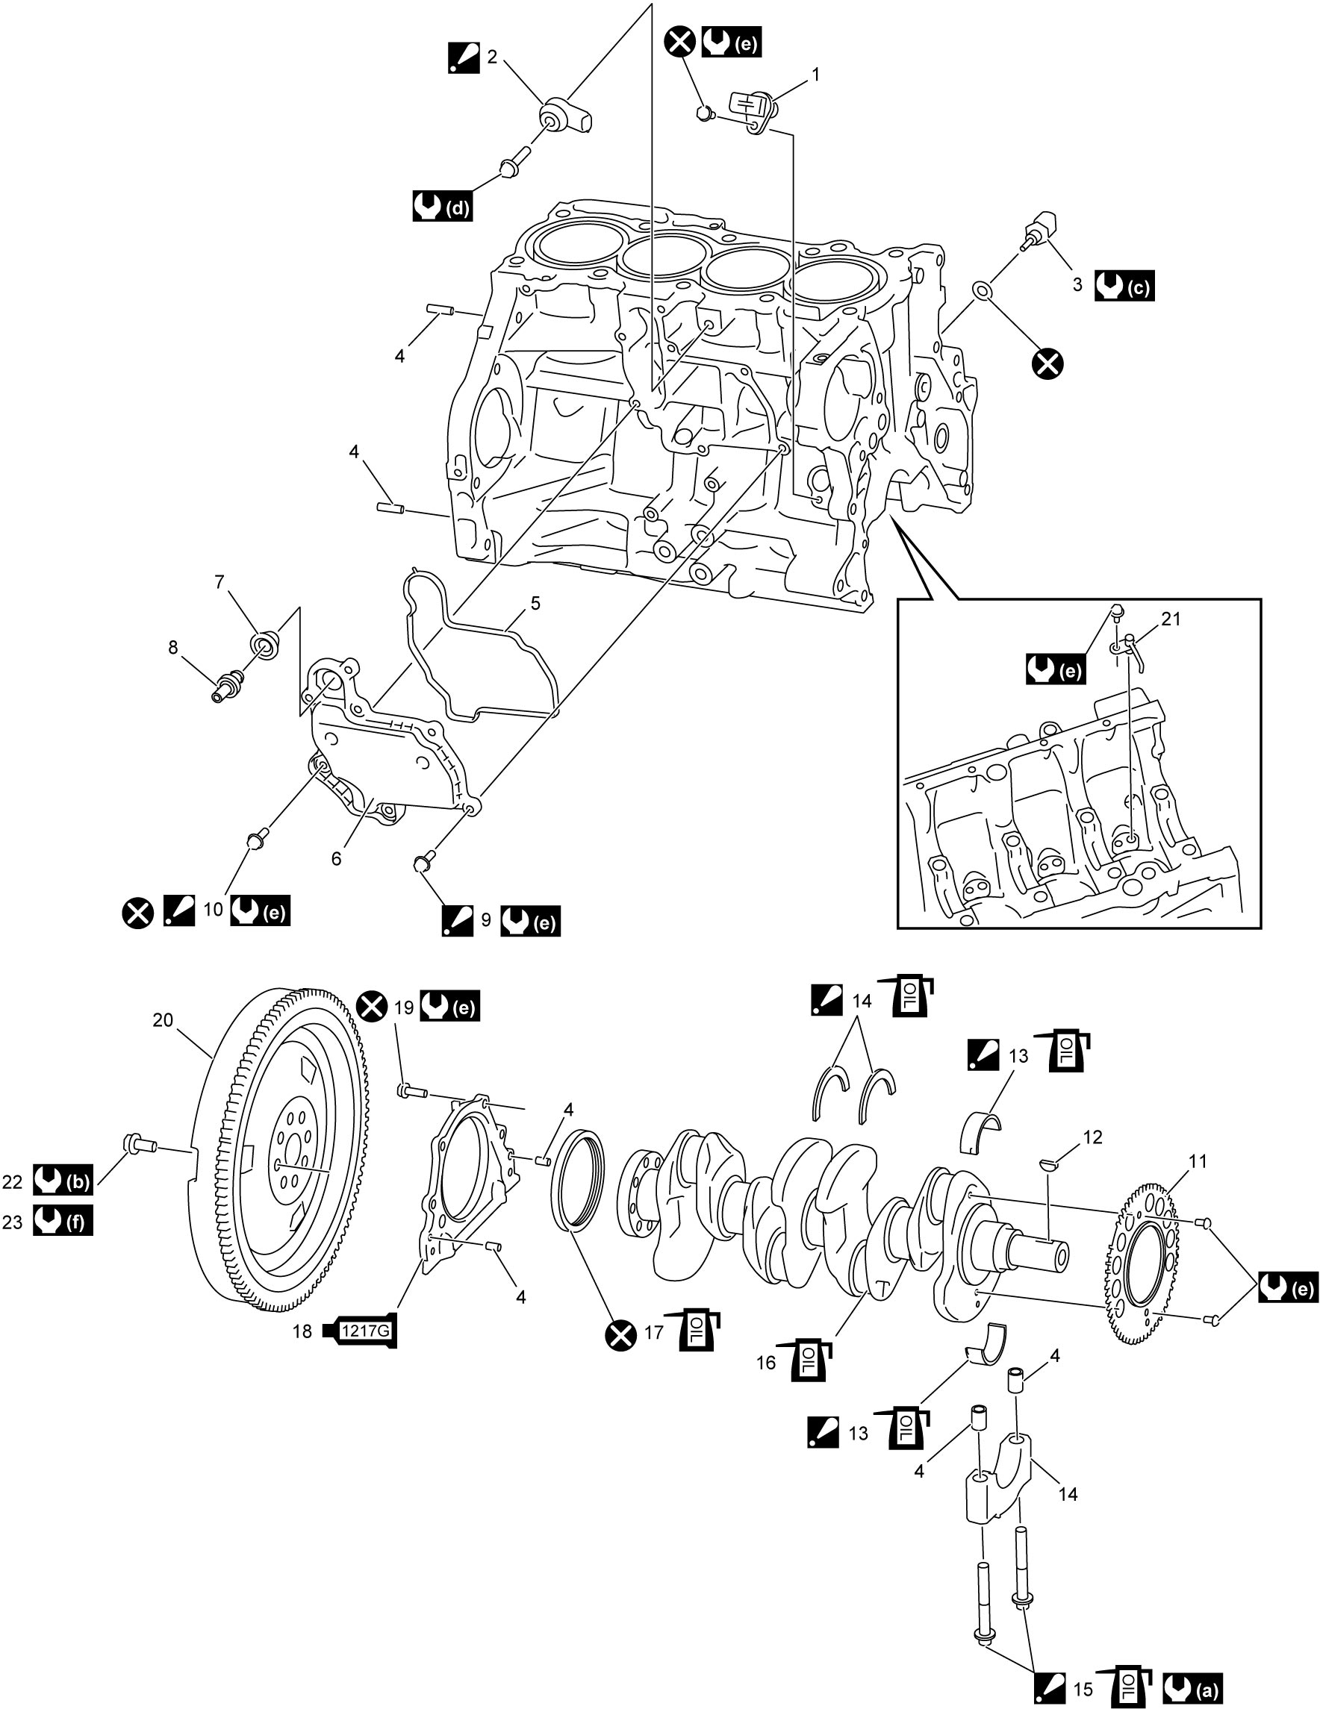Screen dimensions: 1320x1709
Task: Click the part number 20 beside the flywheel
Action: (x=163, y=1020)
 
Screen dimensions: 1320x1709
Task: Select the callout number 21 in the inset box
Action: (x=1171, y=619)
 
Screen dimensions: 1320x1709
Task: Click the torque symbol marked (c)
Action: (x=1124, y=287)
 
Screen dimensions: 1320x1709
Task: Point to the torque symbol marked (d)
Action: (x=442, y=207)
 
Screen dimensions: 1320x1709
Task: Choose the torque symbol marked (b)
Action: (x=63, y=1181)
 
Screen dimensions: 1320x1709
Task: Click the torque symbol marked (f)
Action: (x=63, y=1221)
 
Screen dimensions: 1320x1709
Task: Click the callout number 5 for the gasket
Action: (x=535, y=603)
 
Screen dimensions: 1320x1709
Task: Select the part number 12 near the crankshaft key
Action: (x=1092, y=1137)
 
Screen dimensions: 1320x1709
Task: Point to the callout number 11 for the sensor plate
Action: (x=1198, y=1161)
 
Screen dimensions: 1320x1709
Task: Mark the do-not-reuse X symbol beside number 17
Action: (x=622, y=1333)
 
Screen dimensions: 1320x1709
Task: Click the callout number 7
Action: (x=220, y=582)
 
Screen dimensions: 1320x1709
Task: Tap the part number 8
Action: (x=173, y=648)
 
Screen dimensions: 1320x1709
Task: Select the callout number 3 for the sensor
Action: (x=1077, y=286)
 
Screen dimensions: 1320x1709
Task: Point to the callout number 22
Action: (x=13, y=1181)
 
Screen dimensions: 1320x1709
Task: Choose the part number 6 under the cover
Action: (x=337, y=859)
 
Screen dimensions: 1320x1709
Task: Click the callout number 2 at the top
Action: (x=492, y=57)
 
